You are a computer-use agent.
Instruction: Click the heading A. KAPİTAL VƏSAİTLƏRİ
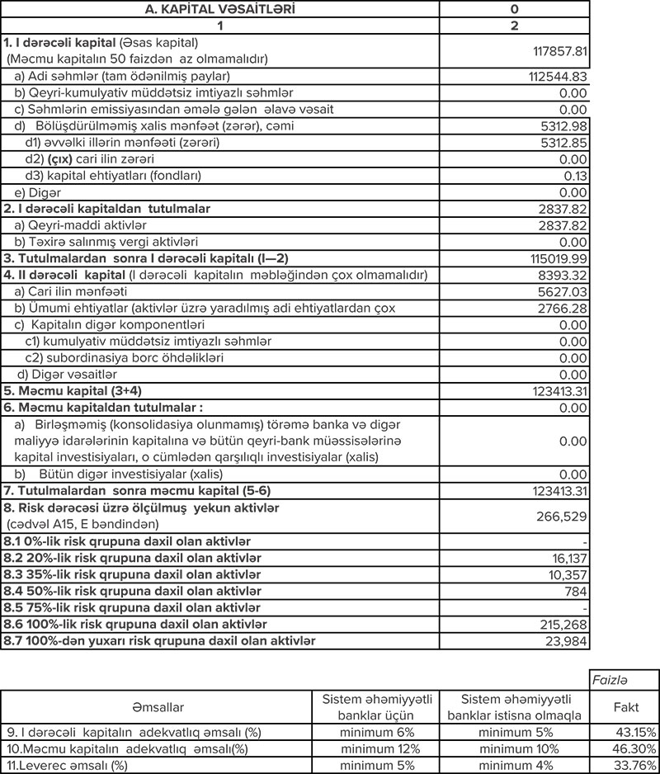click(220, 9)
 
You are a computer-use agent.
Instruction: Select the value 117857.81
click(558, 51)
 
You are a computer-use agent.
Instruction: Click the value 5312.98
click(560, 125)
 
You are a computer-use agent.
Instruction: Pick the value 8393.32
click(560, 274)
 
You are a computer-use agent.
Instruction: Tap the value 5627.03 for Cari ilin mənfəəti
click(560, 290)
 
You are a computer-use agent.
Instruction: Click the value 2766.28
click(560, 307)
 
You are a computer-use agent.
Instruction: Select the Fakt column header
click(625, 707)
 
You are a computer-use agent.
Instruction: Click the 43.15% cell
click(633, 732)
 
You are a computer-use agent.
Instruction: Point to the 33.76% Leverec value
click(633, 765)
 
